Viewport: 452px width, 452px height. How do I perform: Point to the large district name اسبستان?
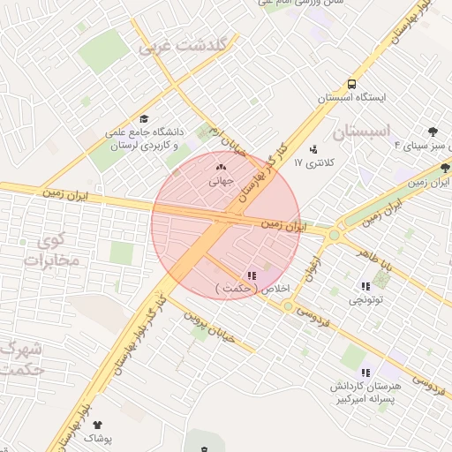point(362,133)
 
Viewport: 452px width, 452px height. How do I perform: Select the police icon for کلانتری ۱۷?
point(313,148)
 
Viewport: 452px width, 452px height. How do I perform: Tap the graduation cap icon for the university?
point(145,119)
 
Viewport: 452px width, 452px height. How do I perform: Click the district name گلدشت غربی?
point(184,46)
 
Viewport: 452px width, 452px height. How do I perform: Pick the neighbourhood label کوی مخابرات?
point(51,251)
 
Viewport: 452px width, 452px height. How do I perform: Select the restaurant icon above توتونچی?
point(365,286)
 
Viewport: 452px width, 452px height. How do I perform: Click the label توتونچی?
point(366,301)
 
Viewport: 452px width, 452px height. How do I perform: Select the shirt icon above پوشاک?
point(97,425)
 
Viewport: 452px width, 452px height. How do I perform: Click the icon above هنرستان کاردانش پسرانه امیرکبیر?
point(366,372)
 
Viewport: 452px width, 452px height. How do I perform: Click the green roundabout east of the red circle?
point(334,235)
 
